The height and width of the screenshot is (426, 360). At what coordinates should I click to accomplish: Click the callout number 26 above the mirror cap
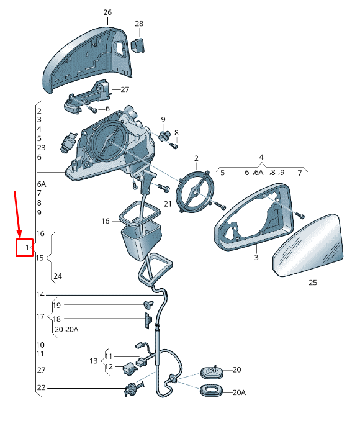pyautogui.click(x=107, y=12)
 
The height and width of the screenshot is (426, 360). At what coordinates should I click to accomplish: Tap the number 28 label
pyautogui.click(x=139, y=24)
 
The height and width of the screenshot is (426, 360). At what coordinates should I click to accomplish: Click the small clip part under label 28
pyautogui.click(x=138, y=45)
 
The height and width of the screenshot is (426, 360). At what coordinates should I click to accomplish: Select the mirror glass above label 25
pyautogui.click(x=308, y=245)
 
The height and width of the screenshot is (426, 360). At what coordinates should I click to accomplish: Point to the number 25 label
pyautogui.click(x=313, y=283)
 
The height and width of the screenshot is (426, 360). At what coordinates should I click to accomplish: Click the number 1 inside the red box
pyautogui.click(x=27, y=247)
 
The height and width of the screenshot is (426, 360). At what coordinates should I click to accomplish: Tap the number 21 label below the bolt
pyautogui.click(x=168, y=204)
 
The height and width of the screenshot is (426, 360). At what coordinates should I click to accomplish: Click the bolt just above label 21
pyautogui.click(x=164, y=187)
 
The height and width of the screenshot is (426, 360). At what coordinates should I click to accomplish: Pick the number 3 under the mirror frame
pyautogui.click(x=256, y=257)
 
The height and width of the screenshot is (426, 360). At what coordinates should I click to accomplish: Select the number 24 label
pyautogui.click(x=58, y=276)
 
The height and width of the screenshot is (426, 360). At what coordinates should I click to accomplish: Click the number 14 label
pyautogui.click(x=40, y=294)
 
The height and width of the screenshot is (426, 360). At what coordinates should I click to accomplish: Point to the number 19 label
pyautogui.click(x=56, y=306)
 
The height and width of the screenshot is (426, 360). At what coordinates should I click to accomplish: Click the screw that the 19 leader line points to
pyautogui.click(x=148, y=305)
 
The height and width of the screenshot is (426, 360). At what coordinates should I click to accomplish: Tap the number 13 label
pyautogui.click(x=93, y=361)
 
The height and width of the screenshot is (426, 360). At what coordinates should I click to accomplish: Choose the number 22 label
pyautogui.click(x=41, y=387)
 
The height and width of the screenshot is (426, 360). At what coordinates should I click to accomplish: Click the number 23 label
pyautogui.click(x=41, y=148)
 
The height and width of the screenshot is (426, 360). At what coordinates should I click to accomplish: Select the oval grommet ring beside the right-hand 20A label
pyautogui.click(x=211, y=391)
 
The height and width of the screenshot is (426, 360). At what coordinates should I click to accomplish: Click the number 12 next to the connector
pyautogui.click(x=109, y=367)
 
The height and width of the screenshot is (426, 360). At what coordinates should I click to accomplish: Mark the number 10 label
pyautogui.click(x=40, y=345)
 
